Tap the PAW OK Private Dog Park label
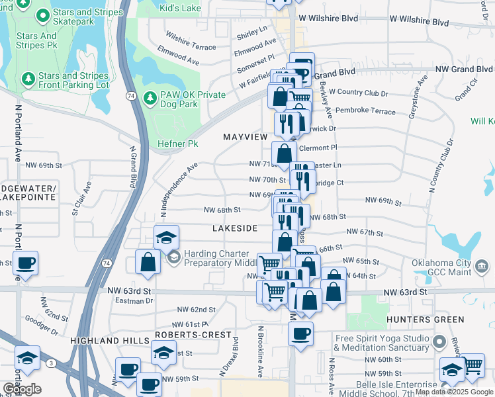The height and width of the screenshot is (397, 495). pyautogui.click(x=193, y=100)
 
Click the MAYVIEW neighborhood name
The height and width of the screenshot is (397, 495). pyautogui.click(x=246, y=136)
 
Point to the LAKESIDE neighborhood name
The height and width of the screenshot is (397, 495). pyautogui.click(x=234, y=228)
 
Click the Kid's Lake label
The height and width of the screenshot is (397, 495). pyautogui.click(x=180, y=9)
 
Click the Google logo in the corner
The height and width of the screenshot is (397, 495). pyautogui.click(x=22, y=389)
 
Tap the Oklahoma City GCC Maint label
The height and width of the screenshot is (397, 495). pyautogui.click(x=450, y=267)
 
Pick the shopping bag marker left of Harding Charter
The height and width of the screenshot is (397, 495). pyautogui.click(x=148, y=262)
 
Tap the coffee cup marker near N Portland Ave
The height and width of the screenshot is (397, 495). pyautogui.click(x=25, y=263)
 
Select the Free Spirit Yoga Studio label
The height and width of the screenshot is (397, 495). pyautogui.click(x=382, y=343)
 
